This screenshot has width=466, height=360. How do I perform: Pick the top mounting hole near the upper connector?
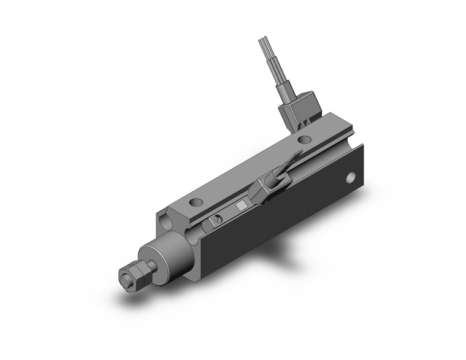click(x=302, y=139)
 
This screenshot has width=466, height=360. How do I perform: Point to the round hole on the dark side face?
click(x=351, y=178)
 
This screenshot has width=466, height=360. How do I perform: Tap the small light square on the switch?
click(x=242, y=206)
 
